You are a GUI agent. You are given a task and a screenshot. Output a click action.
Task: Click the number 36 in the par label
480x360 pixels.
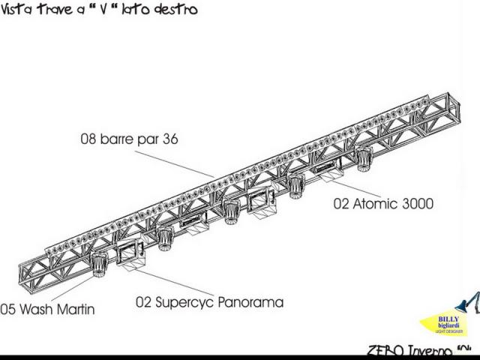pyautogui.click(x=169, y=139)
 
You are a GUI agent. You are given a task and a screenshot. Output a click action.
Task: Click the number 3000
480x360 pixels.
pyautogui.click(x=416, y=203)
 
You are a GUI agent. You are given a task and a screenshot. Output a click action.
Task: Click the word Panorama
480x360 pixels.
pyautogui.click(x=250, y=302)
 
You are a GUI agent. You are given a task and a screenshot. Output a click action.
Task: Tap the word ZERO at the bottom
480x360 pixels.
pyautogui.click(x=385, y=351)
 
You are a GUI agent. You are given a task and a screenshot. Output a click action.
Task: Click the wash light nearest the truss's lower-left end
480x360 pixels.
pyautogui.click(x=99, y=263)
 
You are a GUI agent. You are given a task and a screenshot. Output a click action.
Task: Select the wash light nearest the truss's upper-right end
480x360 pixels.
pyautogui.click(x=364, y=158)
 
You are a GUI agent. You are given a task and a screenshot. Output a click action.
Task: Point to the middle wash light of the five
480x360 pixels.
pyautogui.click(x=231, y=211)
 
